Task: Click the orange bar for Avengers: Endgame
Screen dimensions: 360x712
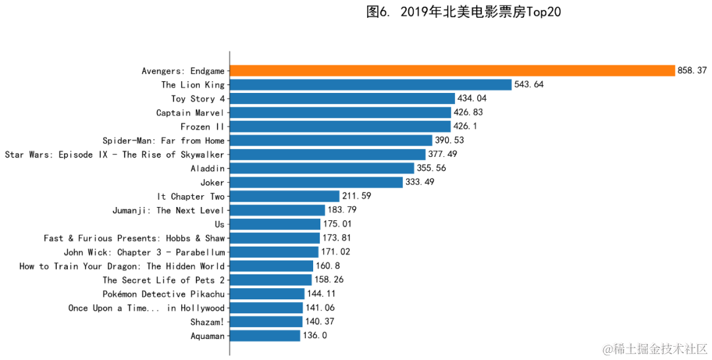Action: click(452, 71)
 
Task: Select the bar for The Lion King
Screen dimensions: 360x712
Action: click(371, 84)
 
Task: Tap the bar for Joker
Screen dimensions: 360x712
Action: click(316, 182)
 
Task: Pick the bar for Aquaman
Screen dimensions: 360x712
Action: click(265, 336)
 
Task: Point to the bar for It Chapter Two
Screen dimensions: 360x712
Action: click(285, 196)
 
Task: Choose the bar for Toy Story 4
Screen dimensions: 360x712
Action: click(342, 98)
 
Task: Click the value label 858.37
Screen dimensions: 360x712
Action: click(692, 71)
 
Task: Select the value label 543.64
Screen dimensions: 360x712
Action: click(529, 84)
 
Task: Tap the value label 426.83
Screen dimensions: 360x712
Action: click(468, 113)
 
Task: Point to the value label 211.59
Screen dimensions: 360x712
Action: click(357, 196)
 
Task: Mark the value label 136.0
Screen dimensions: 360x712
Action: click(315, 336)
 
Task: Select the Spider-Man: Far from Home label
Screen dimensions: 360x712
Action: click(163, 140)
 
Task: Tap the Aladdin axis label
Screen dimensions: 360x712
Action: click(207, 168)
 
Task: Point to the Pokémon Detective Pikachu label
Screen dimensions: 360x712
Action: click(163, 293)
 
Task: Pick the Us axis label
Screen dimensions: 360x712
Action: click(220, 224)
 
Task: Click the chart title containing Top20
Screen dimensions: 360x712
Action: click(463, 12)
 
